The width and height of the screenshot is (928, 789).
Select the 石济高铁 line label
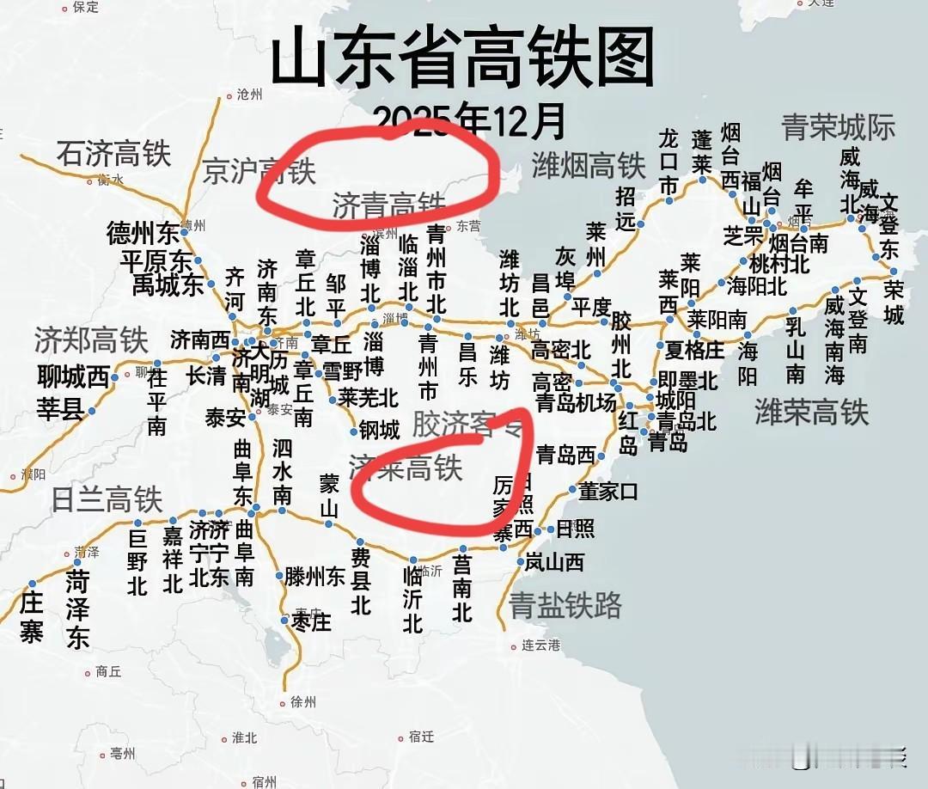point(114,155)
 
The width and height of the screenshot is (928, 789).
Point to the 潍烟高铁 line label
point(588,165)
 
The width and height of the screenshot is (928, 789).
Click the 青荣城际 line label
point(838,127)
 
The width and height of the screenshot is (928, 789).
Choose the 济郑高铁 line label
point(91,340)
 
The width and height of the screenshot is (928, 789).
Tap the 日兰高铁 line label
point(107,499)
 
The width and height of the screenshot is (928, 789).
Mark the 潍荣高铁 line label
point(812,413)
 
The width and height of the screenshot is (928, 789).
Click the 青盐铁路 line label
point(565,606)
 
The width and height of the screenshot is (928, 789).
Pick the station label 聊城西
point(74,376)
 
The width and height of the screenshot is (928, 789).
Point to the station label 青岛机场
point(575,402)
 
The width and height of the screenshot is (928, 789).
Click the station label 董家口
point(608,491)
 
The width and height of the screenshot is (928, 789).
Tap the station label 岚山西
point(554,563)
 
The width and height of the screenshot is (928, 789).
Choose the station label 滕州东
point(314,577)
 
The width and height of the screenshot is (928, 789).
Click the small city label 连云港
point(540,645)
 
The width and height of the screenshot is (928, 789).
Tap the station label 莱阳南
point(717,320)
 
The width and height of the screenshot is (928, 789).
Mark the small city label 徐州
point(303,701)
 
